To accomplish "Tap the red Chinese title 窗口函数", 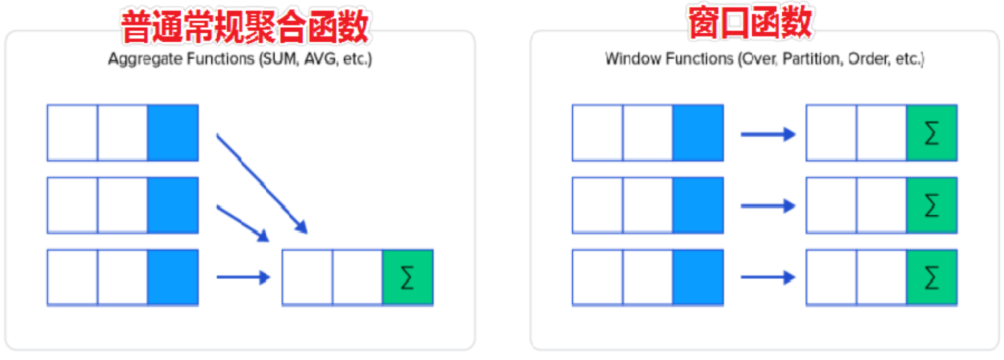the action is [750, 23].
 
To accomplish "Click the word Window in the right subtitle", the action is [633, 59].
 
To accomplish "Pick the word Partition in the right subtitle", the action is [813, 59].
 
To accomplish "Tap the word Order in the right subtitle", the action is [870, 59].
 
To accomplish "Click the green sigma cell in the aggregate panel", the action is [408, 278].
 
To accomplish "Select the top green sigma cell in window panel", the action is [932, 133].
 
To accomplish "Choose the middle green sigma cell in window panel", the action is [932, 205].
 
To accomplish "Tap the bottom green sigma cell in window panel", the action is [932, 278].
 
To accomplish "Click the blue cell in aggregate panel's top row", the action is [173, 133].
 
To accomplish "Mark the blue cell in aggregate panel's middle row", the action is [173, 205].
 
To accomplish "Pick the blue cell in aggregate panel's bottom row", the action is [173, 278].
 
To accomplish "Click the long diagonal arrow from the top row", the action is [262, 183].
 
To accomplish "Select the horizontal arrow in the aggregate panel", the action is [244, 277].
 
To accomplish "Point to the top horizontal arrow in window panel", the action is [768, 134].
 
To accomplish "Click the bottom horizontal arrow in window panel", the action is [768, 277].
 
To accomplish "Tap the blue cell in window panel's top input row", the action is [698, 133].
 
